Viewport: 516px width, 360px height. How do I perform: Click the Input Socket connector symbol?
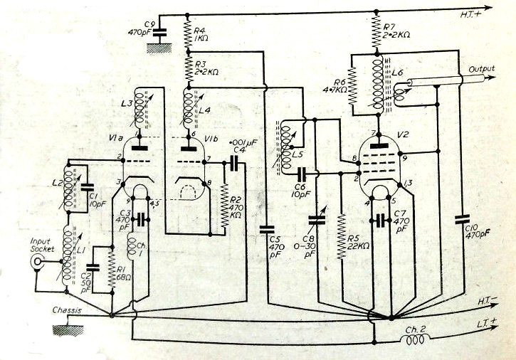[x=36, y=262]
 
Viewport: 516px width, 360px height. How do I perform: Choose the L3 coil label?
[x=128, y=104]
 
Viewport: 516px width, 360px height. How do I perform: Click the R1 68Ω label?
[x=123, y=274]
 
